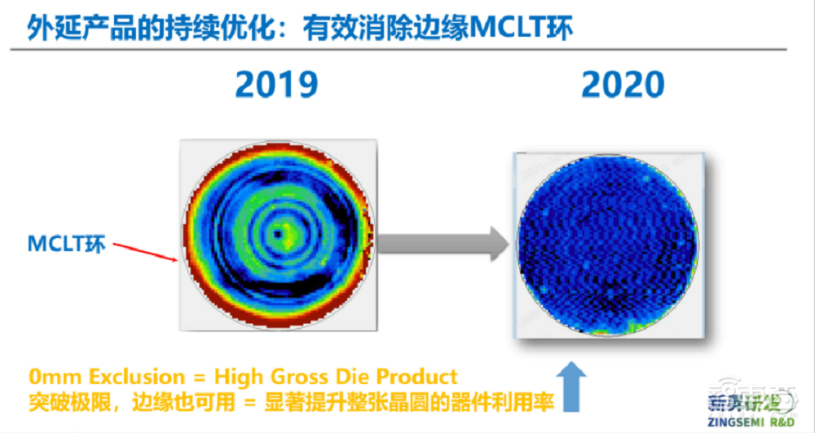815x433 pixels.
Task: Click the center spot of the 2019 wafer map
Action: pos(279,233)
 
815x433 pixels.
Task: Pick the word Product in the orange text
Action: pos(416,378)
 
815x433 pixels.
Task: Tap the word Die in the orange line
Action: pos(349,378)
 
